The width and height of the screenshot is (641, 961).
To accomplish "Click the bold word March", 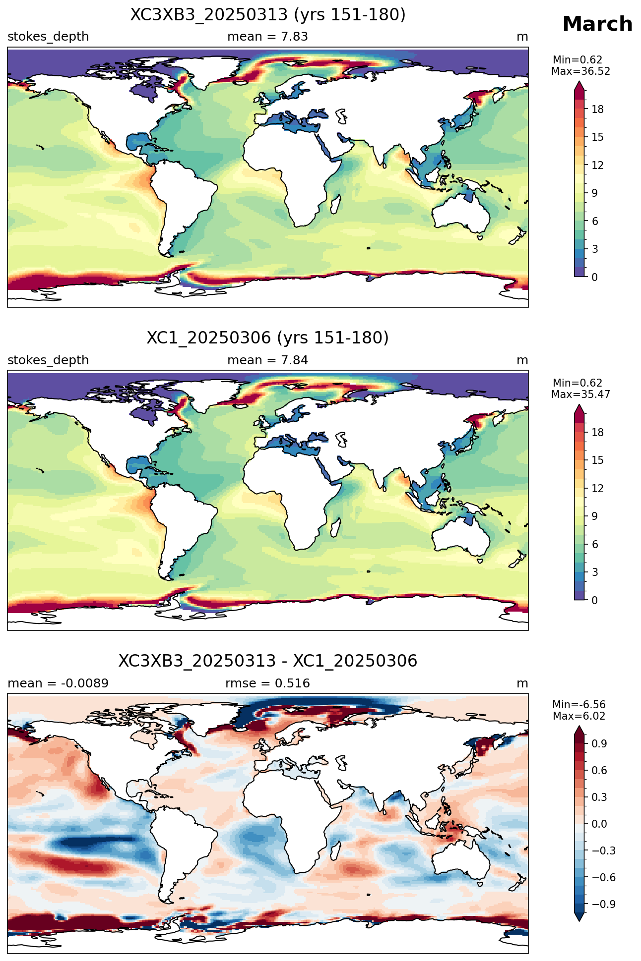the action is tap(597, 24).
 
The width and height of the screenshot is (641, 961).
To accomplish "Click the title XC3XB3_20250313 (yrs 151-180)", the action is tap(268, 15).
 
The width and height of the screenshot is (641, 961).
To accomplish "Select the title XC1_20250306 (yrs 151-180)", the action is tap(268, 338).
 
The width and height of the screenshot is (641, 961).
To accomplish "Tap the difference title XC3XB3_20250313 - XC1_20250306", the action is tap(268, 661).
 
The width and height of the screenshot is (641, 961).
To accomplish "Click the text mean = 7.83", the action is tap(268, 37).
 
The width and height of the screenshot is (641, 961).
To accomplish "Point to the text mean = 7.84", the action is tap(268, 360).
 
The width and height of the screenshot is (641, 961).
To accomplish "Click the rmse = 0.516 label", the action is tap(268, 683).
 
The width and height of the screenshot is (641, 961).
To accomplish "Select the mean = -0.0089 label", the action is tap(58, 683).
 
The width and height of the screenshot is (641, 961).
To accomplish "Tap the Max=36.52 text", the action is tap(580, 71).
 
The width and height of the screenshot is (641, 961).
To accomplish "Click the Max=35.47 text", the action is tap(580, 395).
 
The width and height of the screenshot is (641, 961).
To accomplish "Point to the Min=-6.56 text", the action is tap(579, 705).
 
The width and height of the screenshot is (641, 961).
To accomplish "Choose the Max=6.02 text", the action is tap(579, 716).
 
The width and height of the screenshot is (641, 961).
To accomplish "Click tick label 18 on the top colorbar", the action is tap(598, 110).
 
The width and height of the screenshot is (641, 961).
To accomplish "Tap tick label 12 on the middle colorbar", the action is tap(598, 489).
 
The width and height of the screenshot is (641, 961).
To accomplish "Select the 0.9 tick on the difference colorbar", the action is tap(599, 744).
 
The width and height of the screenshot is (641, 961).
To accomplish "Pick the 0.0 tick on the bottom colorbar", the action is tap(599, 824).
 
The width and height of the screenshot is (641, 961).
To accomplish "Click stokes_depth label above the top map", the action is tap(48, 37).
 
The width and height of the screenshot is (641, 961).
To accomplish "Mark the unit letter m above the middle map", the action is tap(522, 360).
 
